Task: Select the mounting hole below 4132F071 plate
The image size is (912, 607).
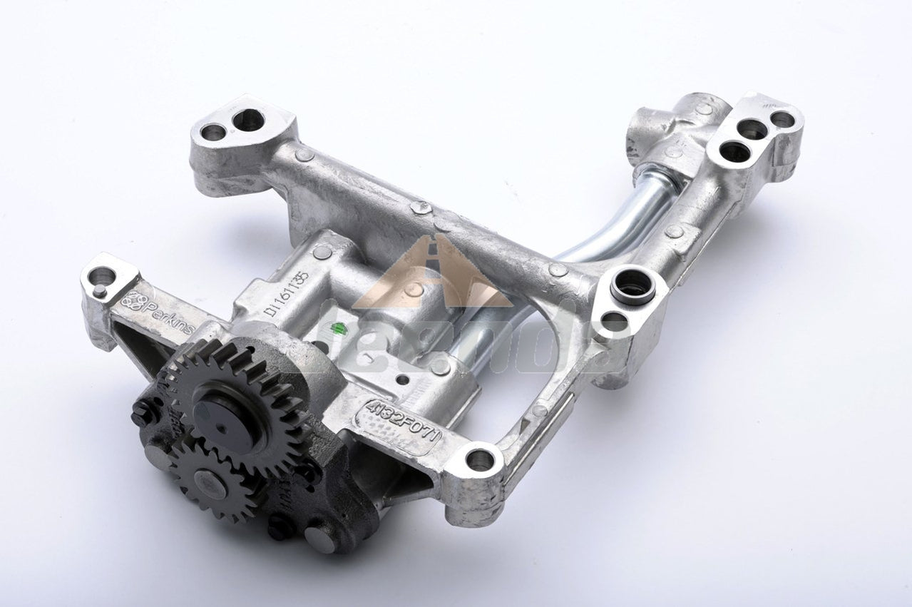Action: [x=479, y=460]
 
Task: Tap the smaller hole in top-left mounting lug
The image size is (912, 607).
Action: [x=213, y=132]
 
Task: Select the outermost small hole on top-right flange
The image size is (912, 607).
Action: [x=782, y=120]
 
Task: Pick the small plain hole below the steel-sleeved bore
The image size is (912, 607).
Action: [x=613, y=322]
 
